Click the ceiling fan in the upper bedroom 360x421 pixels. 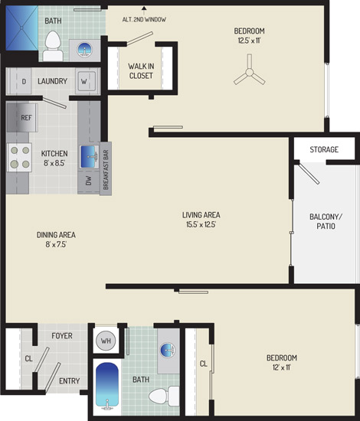250,72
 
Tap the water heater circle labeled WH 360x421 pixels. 106,341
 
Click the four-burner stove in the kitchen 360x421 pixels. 19,158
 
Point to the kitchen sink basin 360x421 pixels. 90,156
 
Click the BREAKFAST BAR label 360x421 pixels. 106,170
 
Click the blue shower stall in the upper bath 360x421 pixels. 22,28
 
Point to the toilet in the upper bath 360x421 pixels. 53,46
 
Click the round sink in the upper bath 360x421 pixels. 84,50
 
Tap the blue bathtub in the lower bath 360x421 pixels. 107,386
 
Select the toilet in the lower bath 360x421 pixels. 164,397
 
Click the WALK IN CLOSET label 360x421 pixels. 141,71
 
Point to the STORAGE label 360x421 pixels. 324,149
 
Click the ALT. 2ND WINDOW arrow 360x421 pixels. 144,11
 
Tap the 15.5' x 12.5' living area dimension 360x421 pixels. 201,224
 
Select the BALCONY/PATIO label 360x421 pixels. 326,221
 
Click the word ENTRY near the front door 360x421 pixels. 69,380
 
